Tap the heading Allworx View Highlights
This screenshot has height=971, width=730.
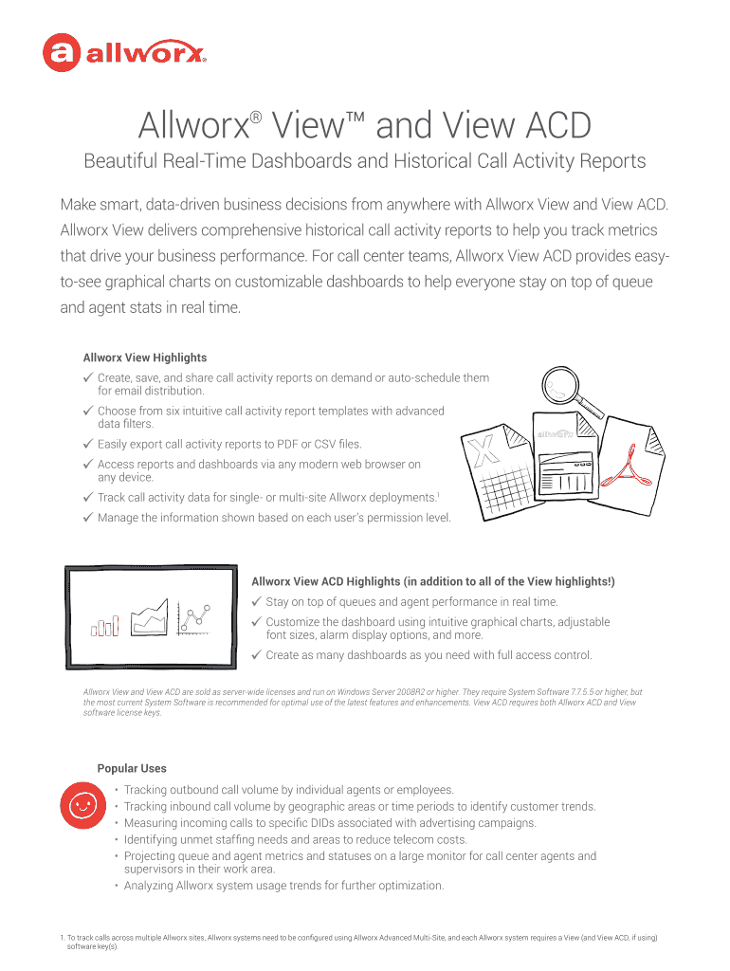pyautogui.click(x=145, y=357)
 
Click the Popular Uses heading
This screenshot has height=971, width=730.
pyautogui.click(x=132, y=768)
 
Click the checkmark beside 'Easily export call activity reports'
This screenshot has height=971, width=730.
pyautogui.click(x=87, y=444)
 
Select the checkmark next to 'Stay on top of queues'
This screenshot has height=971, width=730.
pyautogui.click(x=256, y=601)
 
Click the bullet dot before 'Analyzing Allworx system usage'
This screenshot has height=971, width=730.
pyautogui.click(x=115, y=886)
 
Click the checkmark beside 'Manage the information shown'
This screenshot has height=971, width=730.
pyautogui.click(x=87, y=518)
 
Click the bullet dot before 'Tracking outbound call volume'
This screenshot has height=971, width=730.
pyautogui.click(x=115, y=790)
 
